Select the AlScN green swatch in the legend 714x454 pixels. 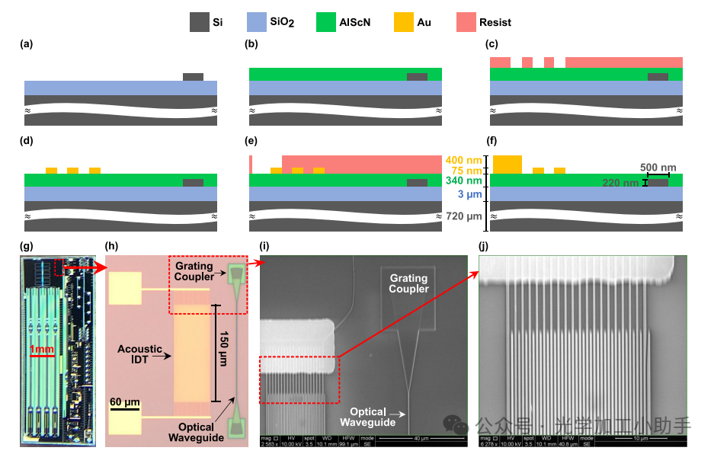point(328,22)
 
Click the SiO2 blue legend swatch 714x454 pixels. point(258,22)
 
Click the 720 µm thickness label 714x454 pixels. point(465,216)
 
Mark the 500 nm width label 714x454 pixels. point(658,168)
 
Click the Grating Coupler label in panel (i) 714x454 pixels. point(409,283)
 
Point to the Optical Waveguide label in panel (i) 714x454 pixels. point(368,417)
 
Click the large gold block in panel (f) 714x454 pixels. point(507,164)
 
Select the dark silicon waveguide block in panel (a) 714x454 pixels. point(193,77)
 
